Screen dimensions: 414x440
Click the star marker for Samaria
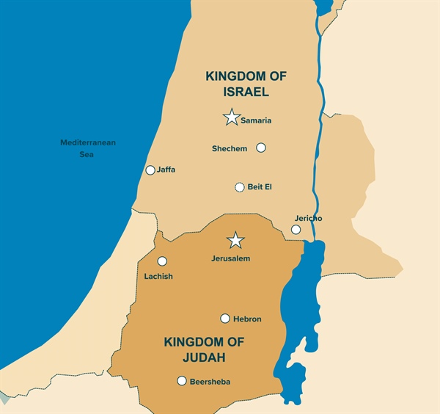[x=232, y=117]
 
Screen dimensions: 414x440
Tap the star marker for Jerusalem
[x=235, y=241]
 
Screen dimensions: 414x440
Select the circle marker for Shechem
[x=260, y=148]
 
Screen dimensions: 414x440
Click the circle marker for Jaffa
[x=150, y=170]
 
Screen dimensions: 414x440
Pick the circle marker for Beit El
[x=239, y=187]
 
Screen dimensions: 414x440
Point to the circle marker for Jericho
[x=296, y=230]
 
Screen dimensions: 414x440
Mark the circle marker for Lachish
[x=162, y=261]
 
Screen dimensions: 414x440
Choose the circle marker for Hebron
[x=225, y=319]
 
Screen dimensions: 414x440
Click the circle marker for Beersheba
[x=182, y=380]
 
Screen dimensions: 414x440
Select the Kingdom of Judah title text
[x=204, y=350]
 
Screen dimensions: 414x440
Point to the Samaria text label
[x=256, y=120]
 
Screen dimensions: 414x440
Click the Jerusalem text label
[x=230, y=259]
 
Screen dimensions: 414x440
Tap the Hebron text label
[x=247, y=319]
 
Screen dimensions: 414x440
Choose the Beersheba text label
[x=210, y=382]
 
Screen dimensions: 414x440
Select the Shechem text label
[x=230, y=149]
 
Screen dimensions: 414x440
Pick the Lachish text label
[x=158, y=277]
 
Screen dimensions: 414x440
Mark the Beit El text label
[x=260, y=187]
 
